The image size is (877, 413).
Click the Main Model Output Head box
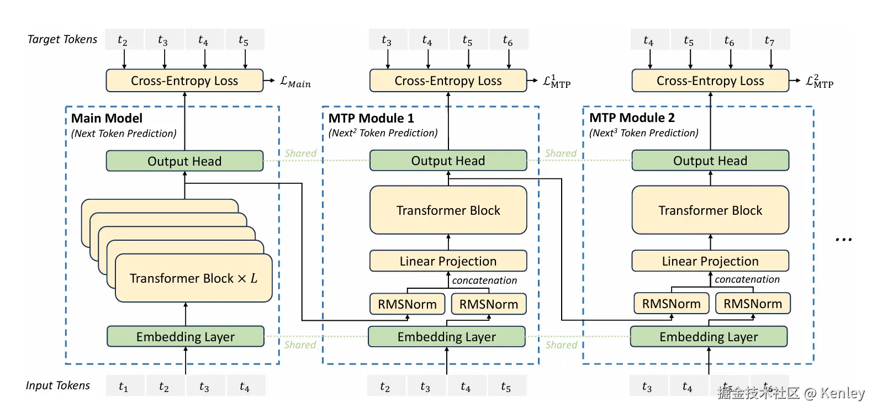pyautogui.click(x=184, y=161)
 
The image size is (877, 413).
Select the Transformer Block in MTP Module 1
pyautogui.click(x=448, y=210)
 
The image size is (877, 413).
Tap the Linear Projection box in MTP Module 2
pyautogui.click(x=710, y=261)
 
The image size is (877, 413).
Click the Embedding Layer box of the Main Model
pyautogui.click(x=185, y=337)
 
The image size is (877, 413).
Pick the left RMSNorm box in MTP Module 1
pyautogui.click(x=407, y=304)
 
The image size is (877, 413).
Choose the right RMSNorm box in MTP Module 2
pyautogui.click(x=753, y=304)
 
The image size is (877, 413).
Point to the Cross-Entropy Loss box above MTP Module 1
pyautogui.click(x=448, y=81)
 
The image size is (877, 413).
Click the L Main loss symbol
pyautogui.click(x=295, y=82)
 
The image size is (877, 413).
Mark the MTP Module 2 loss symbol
pyautogui.click(x=820, y=82)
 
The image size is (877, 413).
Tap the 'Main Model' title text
pyautogui.click(x=107, y=118)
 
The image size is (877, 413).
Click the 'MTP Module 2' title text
pyautogui.click(x=632, y=118)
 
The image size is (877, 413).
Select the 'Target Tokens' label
pyautogui.click(x=62, y=39)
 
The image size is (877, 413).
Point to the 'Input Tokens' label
pyautogui.click(x=57, y=385)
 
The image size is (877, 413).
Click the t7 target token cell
pyautogui.click(x=770, y=40)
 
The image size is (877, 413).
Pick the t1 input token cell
pyautogui.click(x=124, y=386)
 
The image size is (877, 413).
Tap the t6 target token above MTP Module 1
pyautogui.click(x=508, y=40)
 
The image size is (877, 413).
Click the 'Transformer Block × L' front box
pyautogui.click(x=193, y=278)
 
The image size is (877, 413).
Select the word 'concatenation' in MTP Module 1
pyautogui.click(x=484, y=280)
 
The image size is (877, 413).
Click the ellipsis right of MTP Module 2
pyautogui.click(x=843, y=240)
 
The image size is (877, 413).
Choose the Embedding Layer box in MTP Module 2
pyautogui.click(x=709, y=337)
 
